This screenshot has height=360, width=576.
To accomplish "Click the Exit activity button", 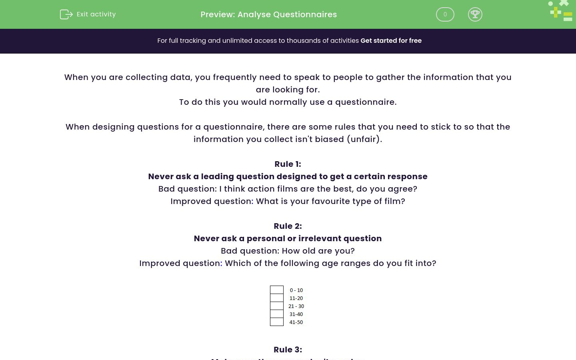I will [x=88, y=14].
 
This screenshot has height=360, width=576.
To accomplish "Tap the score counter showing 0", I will [x=445, y=14].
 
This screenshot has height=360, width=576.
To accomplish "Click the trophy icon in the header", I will [x=475, y=14].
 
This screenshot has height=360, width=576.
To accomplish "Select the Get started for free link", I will [x=391, y=41].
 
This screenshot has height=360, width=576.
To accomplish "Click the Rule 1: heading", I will [x=288, y=164].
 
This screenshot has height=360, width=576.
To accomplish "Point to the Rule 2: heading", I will [x=288, y=226].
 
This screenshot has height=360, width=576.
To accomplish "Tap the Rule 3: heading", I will [x=288, y=350].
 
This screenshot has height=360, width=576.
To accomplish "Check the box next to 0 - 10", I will [x=277, y=290].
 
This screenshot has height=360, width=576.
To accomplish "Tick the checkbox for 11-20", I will [x=277, y=298].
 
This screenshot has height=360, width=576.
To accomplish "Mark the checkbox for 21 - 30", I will [x=277, y=306].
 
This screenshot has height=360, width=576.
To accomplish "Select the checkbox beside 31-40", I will [x=277, y=314].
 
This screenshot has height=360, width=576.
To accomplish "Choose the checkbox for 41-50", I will [x=277, y=322].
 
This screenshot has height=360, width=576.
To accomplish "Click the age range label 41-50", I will [x=296, y=322].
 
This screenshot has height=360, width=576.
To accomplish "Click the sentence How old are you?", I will [x=318, y=251].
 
